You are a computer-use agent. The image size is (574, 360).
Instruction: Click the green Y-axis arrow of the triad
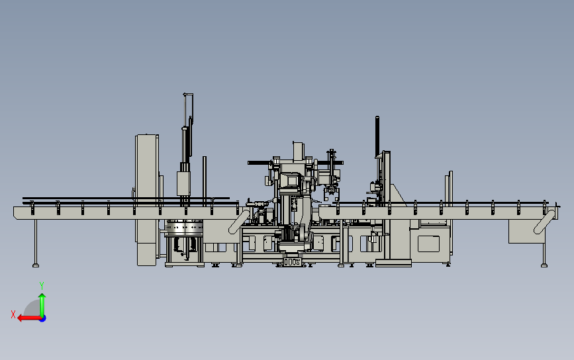(42, 303)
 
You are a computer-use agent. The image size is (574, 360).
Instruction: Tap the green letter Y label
(42, 285)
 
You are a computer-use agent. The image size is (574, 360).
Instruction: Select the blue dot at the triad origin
(42, 318)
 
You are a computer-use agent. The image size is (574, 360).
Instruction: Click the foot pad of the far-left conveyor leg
(36, 265)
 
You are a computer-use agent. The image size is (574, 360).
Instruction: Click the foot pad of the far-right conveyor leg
(544, 265)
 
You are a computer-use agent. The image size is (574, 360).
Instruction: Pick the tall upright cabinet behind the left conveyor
(147, 199)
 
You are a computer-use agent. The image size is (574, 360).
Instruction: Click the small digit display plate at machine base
(291, 262)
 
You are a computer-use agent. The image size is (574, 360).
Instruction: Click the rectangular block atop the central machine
(298, 151)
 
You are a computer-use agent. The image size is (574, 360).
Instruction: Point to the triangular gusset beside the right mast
(398, 196)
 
